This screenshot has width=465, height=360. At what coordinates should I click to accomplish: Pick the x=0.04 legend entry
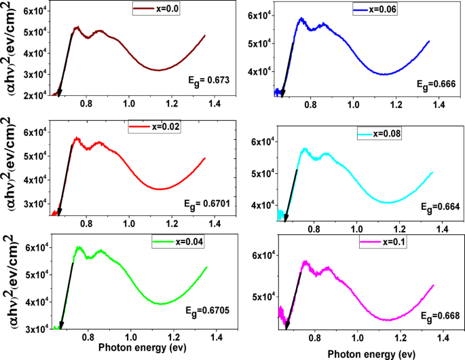click(x=178, y=242)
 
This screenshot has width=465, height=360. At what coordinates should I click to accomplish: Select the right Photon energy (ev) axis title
click(x=370, y=353)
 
